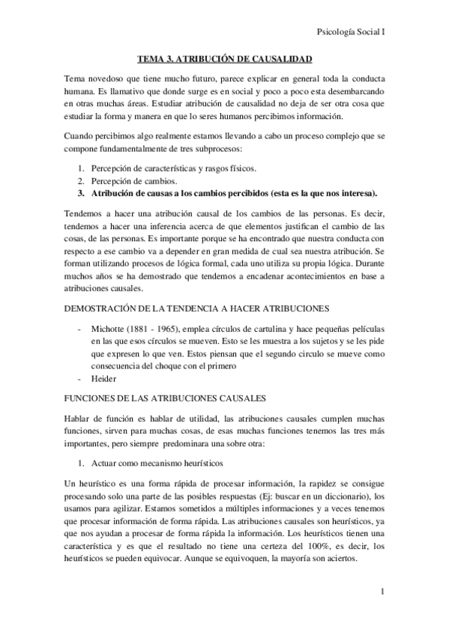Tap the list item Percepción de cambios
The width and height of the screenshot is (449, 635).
[133, 180]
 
